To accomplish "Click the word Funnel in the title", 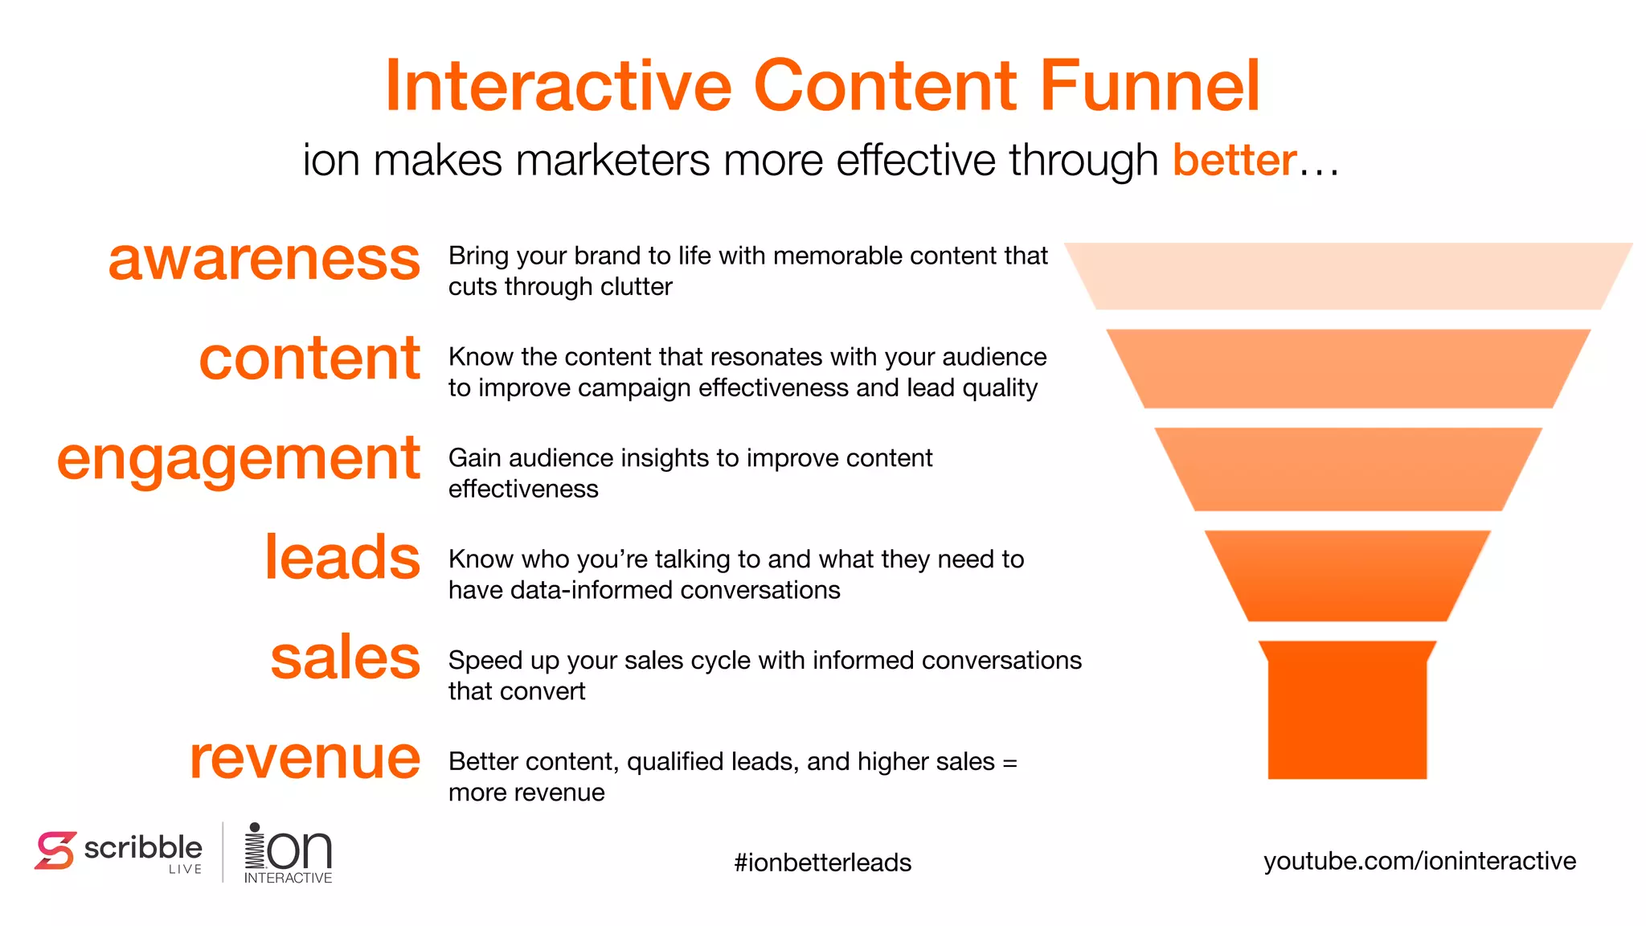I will pos(1149,86).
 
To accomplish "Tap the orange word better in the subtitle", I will pos(1234,160).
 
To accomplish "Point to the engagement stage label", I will pos(238,460).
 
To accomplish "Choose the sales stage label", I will pos(345,658).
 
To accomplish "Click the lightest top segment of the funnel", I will pos(1348,276).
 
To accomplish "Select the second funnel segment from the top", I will pos(1348,368).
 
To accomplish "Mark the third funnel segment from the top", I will pos(1348,469).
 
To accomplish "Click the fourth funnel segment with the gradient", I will pos(1348,576).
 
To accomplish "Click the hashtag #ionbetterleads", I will pos(822,862).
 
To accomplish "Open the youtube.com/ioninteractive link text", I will pos(1419,861).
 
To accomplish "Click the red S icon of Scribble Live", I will pos(55,850).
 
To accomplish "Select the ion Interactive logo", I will pos(288,853).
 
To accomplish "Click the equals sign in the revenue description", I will pos(1009,762).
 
